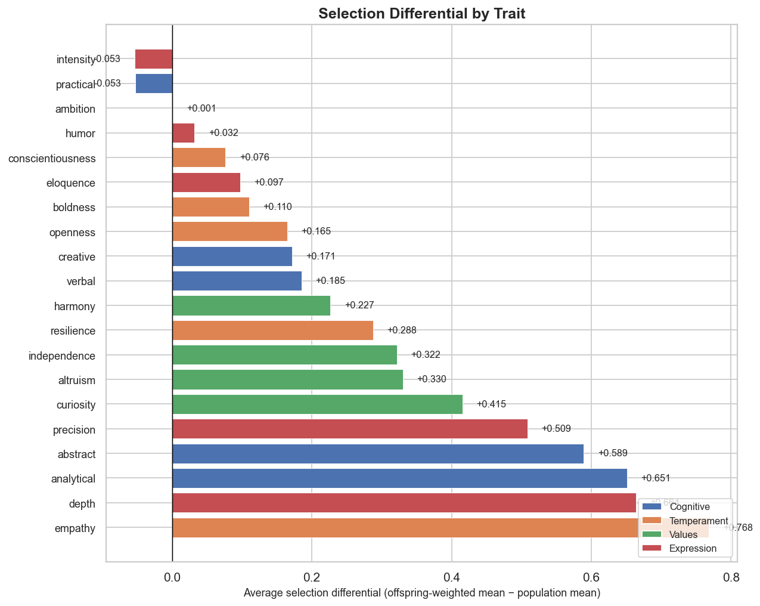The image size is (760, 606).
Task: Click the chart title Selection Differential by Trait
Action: point(421,14)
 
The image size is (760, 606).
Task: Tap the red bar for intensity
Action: point(154,59)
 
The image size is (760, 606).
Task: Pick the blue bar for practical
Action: point(154,84)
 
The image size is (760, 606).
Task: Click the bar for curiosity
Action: point(317,404)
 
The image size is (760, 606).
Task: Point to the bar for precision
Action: point(350,429)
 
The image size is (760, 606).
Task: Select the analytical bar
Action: point(399,478)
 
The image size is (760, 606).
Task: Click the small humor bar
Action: point(183,133)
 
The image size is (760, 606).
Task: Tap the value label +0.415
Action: point(491,404)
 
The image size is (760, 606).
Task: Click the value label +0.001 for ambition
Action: point(201,109)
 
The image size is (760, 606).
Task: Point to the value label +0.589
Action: point(613,453)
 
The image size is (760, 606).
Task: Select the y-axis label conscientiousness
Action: point(52,158)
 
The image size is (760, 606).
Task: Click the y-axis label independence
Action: point(62,356)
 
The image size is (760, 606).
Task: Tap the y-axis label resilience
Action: point(73,331)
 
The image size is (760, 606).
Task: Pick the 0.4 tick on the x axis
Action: point(451,577)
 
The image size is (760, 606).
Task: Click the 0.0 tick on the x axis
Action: point(172,577)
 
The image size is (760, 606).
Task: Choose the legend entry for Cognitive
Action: point(690,507)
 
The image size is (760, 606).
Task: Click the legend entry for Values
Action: point(683,535)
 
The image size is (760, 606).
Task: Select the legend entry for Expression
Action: point(693,549)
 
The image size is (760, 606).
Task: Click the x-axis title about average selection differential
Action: point(421,593)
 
